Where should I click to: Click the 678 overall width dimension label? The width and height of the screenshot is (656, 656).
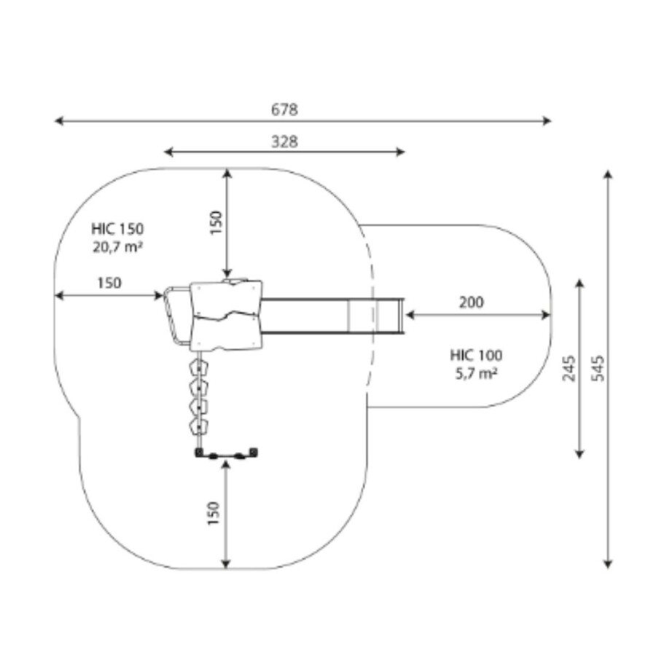pos(284,110)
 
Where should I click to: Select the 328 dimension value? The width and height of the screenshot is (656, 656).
pos(284,142)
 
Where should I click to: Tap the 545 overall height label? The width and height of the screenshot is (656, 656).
pos(598,368)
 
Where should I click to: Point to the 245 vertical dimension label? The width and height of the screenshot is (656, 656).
pos(569,368)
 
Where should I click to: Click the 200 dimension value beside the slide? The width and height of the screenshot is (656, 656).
pos(472,302)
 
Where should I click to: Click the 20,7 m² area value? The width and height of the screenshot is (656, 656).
pos(117,246)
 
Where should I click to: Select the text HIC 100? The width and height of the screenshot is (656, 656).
pos(476,356)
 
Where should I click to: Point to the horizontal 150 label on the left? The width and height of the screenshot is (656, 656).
pos(109,283)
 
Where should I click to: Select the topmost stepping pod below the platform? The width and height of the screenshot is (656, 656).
pos(197,366)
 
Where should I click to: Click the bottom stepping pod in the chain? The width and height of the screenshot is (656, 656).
pos(197,424)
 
